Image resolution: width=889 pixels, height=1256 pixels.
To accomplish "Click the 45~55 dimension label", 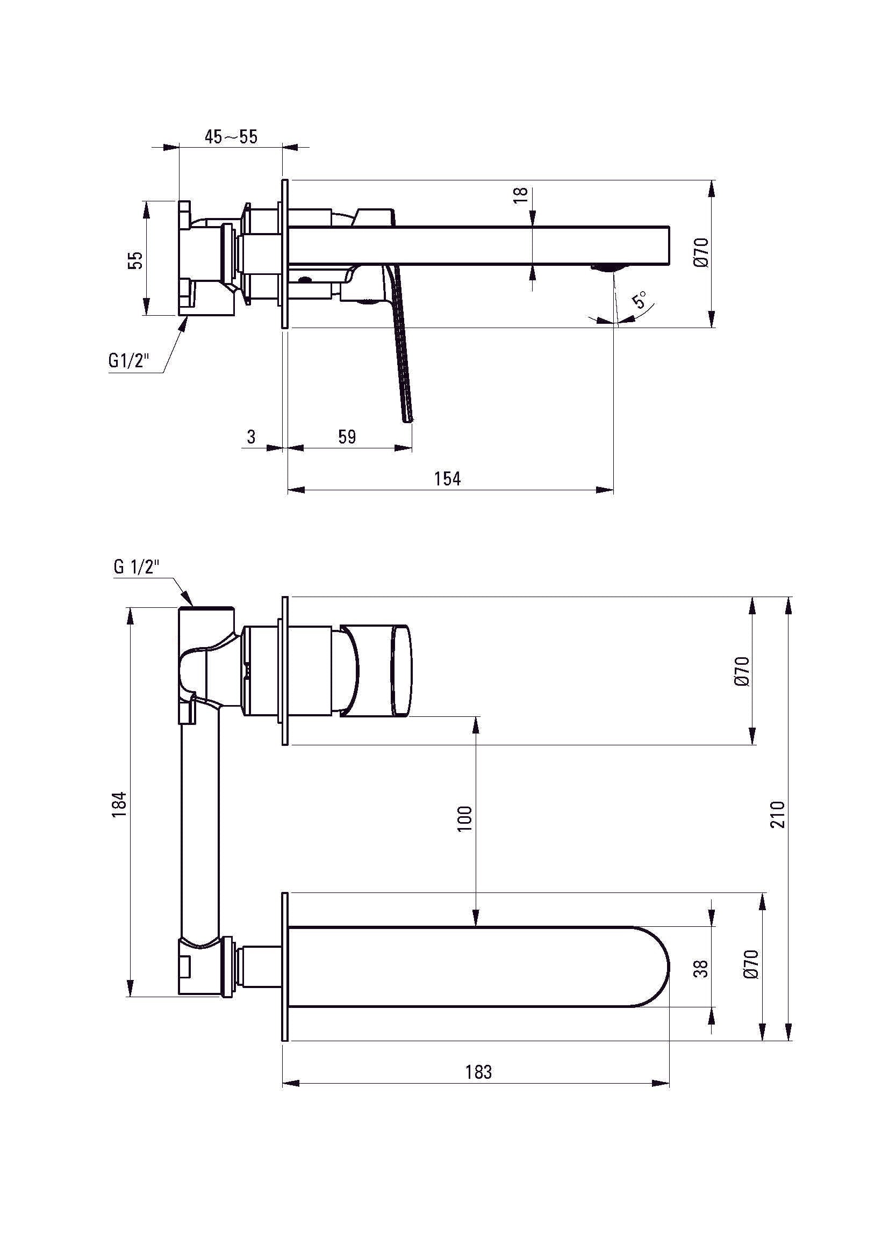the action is pos(231,137).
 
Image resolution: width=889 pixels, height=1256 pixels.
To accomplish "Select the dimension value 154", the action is pos(448,478).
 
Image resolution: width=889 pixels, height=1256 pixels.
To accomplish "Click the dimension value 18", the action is pos(521,195).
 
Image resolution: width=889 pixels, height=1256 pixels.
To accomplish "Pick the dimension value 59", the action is pos(347,437).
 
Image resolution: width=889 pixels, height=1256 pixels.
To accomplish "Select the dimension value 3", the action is pos(251,437).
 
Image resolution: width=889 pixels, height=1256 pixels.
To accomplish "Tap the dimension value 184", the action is pos(119,805).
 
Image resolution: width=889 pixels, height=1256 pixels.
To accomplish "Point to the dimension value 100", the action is pos(464,819).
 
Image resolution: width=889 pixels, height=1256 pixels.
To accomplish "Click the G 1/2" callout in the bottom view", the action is pos(137,567).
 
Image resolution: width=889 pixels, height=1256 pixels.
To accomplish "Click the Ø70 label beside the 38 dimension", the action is pos(751,964).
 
